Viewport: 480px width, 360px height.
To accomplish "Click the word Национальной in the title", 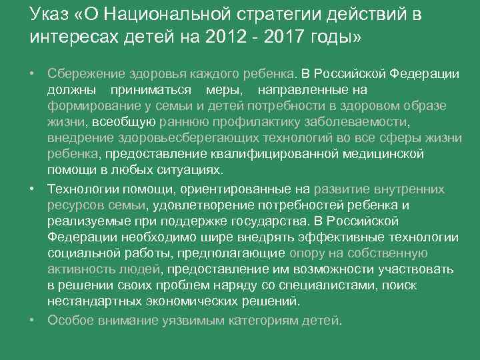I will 169,15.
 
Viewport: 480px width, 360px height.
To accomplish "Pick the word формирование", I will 86,105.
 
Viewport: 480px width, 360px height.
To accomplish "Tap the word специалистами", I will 317,285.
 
